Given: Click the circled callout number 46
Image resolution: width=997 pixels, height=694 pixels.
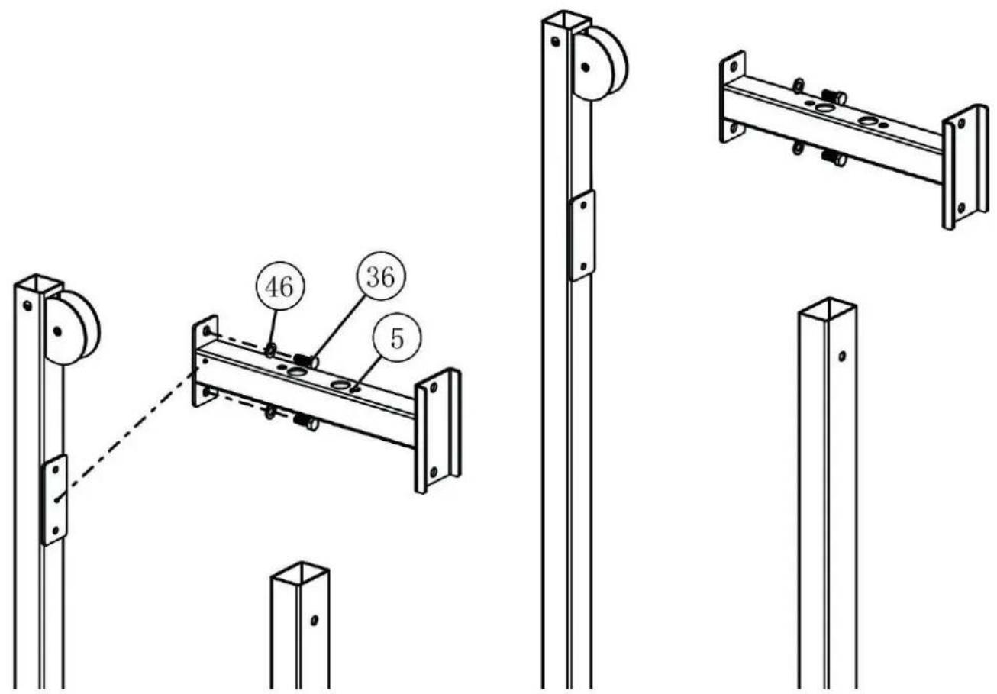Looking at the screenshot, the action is (280, 286).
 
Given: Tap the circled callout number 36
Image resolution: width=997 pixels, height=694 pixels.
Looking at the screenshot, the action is (381, 276).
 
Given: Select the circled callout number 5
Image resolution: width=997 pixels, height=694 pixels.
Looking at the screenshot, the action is (396, 338).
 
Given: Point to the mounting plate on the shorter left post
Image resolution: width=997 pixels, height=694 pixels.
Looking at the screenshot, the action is (55, 500).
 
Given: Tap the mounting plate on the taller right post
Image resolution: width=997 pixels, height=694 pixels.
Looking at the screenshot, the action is (582, 236).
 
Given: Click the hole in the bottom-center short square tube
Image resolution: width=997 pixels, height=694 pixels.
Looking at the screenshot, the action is (315, 620).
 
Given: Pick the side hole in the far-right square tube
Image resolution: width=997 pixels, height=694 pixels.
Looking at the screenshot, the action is (842, 356).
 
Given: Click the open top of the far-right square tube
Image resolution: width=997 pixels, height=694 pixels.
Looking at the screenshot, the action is (828, 308).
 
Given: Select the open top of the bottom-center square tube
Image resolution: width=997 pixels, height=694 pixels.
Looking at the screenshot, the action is (300, 573).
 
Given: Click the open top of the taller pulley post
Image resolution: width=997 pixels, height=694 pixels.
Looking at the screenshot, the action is (566, 21).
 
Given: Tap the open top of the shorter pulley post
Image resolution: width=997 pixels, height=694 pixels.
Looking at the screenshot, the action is (39, 283).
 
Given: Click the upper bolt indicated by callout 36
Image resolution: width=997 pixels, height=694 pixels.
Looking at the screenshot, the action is (306, 360).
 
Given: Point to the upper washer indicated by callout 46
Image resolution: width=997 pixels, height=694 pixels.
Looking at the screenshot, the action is (270, 350).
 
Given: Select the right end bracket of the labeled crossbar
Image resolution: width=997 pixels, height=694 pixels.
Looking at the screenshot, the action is (438, 431).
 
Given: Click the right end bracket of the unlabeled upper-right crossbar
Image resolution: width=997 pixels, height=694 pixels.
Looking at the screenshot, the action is (965, 167).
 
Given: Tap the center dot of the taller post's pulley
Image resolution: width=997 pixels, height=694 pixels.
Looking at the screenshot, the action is (586, 67).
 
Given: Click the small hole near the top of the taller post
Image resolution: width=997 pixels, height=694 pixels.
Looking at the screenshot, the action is (555, 42).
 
